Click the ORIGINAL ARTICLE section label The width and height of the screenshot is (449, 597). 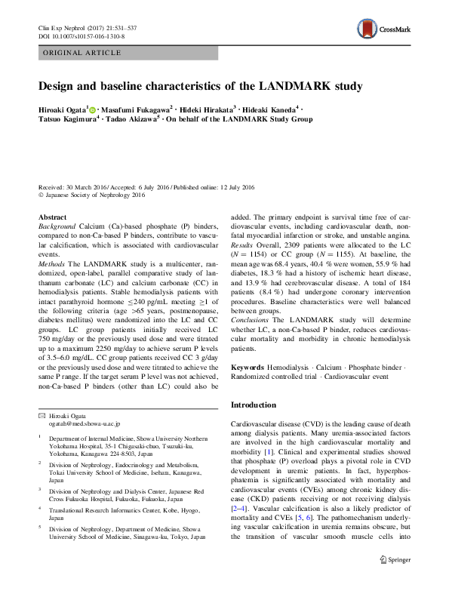tap(81, 53)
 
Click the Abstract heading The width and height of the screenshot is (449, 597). tap(52, 217)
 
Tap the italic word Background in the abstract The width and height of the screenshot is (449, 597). tap(57, 226)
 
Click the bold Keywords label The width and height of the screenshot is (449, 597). tap(247, 366)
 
